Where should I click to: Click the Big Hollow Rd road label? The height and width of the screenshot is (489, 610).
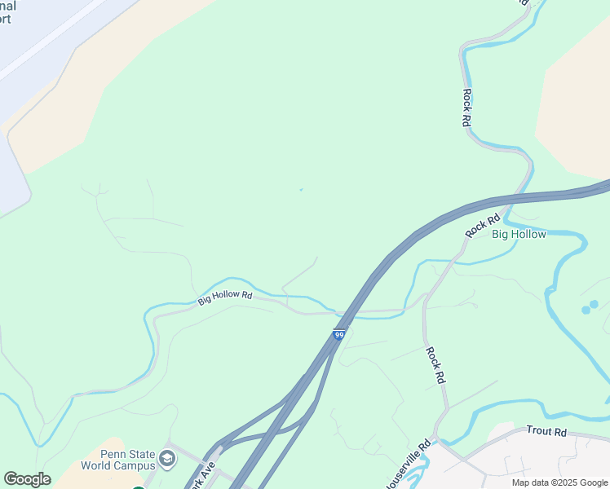[x=225, y=298]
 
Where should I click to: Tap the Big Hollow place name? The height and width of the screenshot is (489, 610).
[x=519, y=235]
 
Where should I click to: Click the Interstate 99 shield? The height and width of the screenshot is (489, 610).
[x=339, y=334]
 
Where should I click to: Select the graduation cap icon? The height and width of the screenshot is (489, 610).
[x=168, y=460]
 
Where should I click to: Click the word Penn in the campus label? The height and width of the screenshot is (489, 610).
[x=113, y=454]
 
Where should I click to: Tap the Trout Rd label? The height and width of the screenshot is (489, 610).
[x=546, y=430]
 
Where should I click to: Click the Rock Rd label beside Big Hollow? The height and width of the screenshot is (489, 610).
[x=482, y=226]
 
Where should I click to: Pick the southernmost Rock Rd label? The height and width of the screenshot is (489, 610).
[x=435, y=365]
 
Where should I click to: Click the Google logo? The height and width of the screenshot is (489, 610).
[x=27, y=479]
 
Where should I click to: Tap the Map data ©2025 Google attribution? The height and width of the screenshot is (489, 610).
[x=560, y=482]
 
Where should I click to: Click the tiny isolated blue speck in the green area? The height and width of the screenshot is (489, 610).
[x=301, y=190]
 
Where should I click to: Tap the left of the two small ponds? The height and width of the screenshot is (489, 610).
[x=586, y=310]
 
